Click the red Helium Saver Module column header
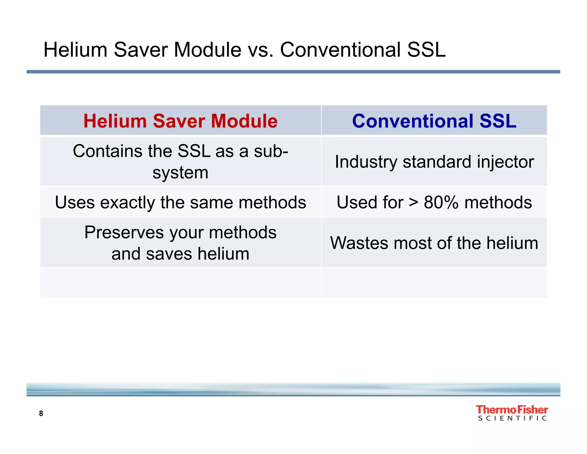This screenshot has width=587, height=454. tap(180, 121)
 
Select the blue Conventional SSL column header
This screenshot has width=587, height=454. tap(434, 121)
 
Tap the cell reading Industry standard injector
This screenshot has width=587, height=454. tap(434, 162)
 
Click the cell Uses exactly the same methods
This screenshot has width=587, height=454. tap(180, 202)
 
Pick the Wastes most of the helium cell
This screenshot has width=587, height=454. tap(434, 243)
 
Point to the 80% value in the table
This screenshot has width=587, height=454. tap(441, 202)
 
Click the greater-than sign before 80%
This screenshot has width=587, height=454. tap(413, 202)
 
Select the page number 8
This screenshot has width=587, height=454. tap(41, 413)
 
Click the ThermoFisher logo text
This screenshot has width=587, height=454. tap(512, 410)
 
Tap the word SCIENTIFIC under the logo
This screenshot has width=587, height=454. tap(512, 418)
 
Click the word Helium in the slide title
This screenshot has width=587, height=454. tap(75, 50)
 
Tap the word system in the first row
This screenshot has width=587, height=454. tap(180, 173)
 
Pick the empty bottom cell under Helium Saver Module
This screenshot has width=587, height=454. tap(180, 283)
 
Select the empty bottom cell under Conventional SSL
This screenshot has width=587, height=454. tap(434, 283)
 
